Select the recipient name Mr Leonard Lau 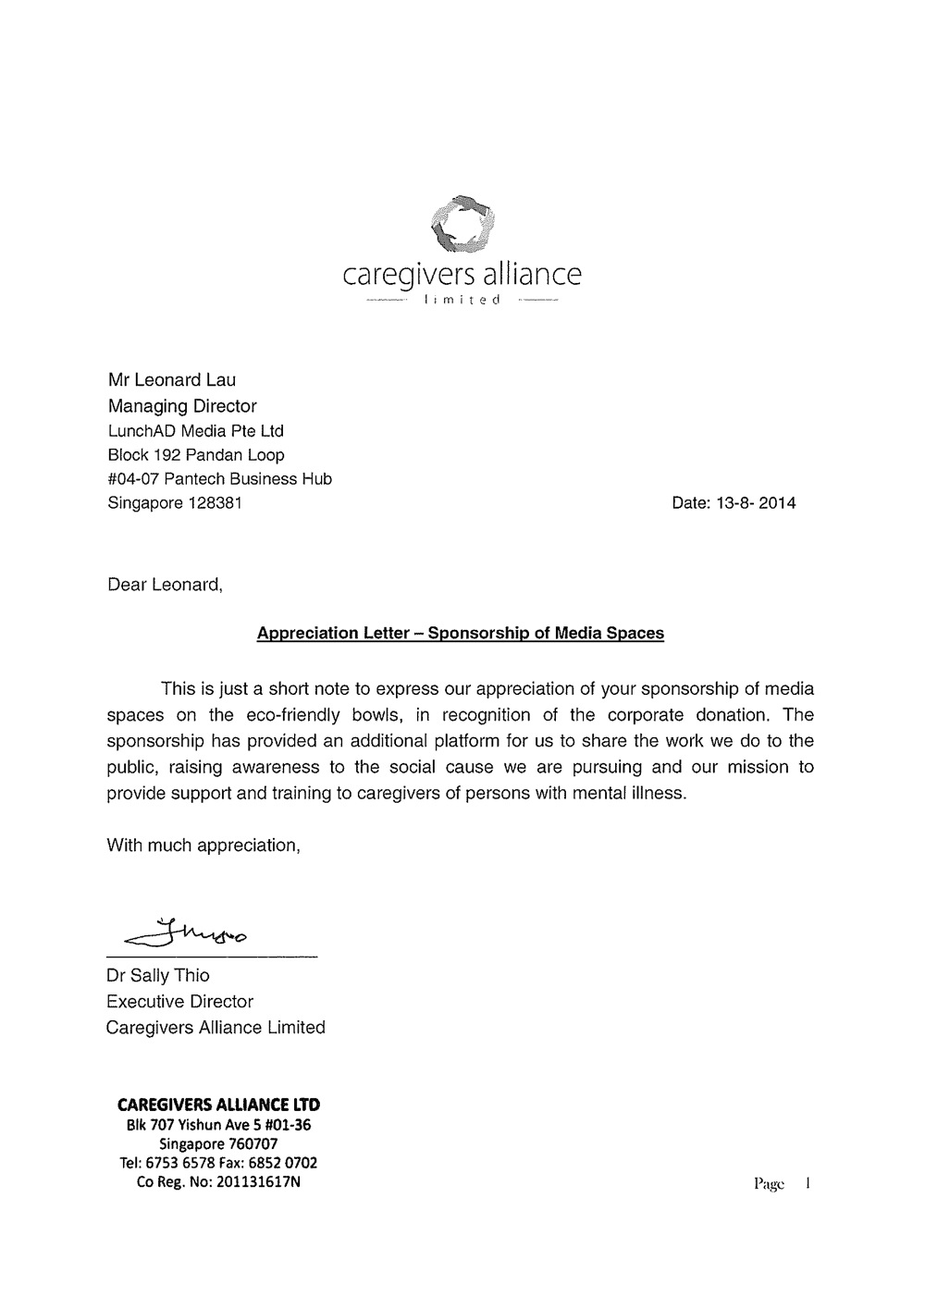point(172,379)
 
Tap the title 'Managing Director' point(182,405)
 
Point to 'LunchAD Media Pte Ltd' point(196,430)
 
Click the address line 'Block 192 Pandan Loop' point(196,454)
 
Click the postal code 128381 point(215,503)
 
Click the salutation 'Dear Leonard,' point(166,585)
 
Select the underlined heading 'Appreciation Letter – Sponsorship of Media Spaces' point(460,634)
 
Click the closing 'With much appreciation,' point(203,845)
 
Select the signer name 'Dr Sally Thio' point(158,975)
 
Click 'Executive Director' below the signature point(179,1001)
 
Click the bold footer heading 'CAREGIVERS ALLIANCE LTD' point(218,1105)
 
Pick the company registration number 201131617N point(258,1181)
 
